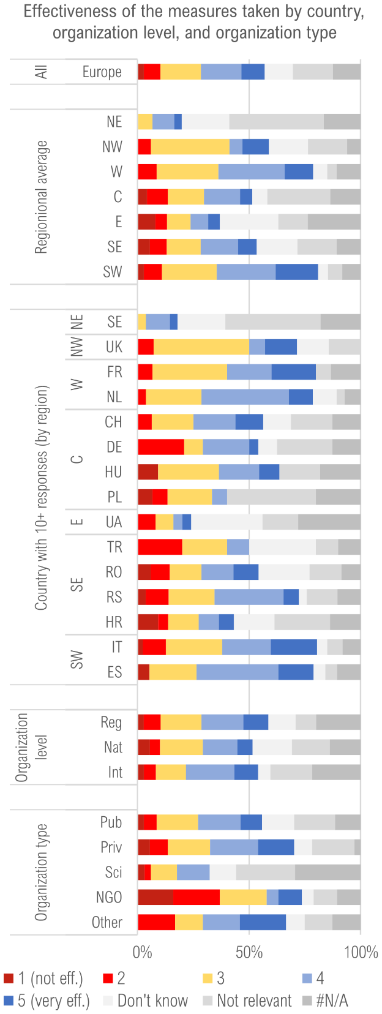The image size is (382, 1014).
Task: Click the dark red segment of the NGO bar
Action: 155,897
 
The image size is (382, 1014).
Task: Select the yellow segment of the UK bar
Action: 201,347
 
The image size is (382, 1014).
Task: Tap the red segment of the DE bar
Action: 161,447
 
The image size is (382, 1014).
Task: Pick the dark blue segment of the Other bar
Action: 263,922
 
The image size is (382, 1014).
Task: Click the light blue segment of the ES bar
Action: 238,672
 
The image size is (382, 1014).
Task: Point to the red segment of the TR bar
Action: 160,547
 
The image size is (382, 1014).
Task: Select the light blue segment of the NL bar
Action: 245,397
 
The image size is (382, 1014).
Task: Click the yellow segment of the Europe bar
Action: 181,72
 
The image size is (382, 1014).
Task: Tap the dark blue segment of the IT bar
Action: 294,647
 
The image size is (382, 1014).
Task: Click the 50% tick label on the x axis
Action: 249,953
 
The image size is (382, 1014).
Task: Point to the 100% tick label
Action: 361,953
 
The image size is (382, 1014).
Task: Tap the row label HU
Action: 113,472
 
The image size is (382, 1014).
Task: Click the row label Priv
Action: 111,847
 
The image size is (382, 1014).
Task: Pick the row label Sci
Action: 113,873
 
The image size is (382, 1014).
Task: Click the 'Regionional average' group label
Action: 41,197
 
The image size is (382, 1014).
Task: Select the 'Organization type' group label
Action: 41,872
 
